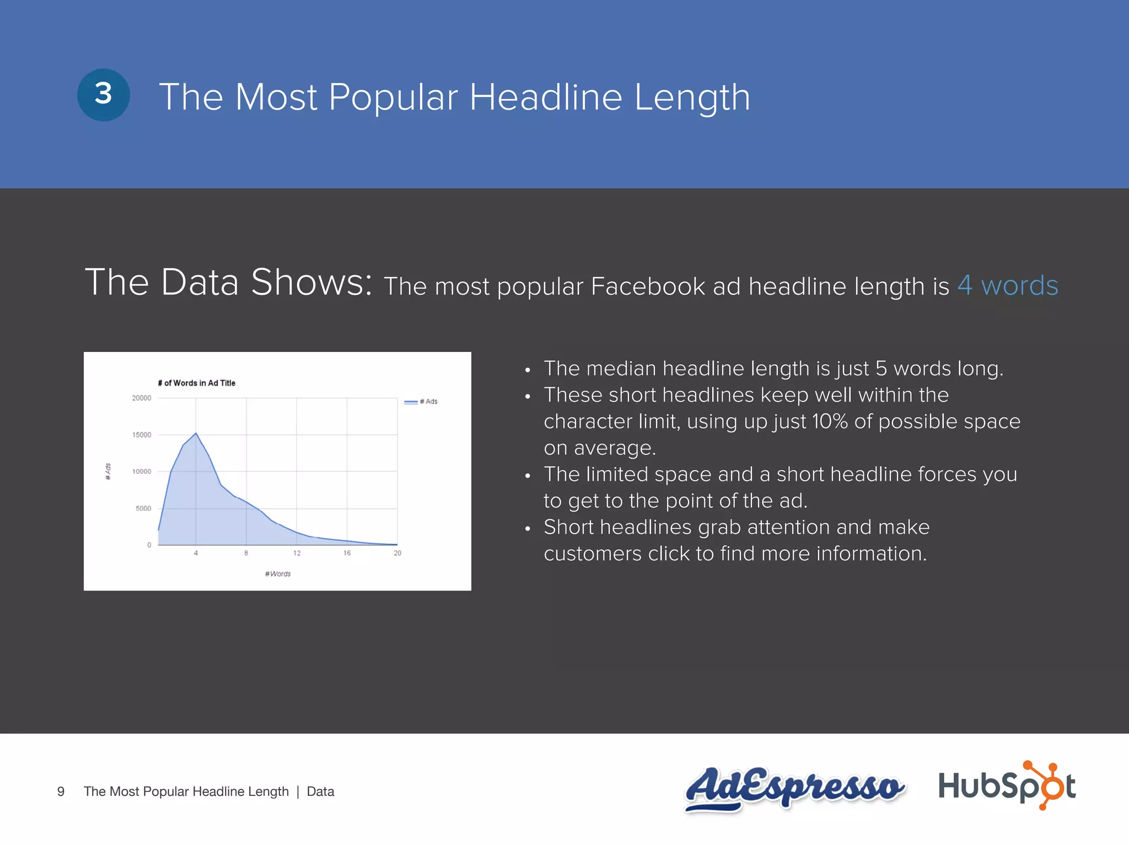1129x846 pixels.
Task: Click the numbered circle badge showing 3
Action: point(104,95)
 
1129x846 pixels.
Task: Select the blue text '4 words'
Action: point(1007,286)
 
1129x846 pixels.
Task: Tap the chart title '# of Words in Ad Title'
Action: point(196,383)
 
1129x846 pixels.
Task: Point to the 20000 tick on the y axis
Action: point(141,398)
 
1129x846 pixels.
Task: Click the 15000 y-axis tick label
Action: point(141,435)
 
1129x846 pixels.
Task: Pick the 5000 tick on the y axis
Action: point(143,508)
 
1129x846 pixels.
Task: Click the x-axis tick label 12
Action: point(297,553)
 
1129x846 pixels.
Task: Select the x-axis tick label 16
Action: point(347,553)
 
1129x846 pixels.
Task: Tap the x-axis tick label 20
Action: point(397,553)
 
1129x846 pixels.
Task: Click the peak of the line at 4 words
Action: point(196,433)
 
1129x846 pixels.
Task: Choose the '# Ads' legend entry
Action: point(422,402)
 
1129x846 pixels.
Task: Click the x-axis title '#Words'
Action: point(278,574)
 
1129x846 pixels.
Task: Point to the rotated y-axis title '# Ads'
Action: point(108,471)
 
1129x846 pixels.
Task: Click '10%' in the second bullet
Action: point(830,421)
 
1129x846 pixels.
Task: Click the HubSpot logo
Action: point(1007,785)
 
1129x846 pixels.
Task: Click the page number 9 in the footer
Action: point(61,791)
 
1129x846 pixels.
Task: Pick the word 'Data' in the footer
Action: point(320,791)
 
